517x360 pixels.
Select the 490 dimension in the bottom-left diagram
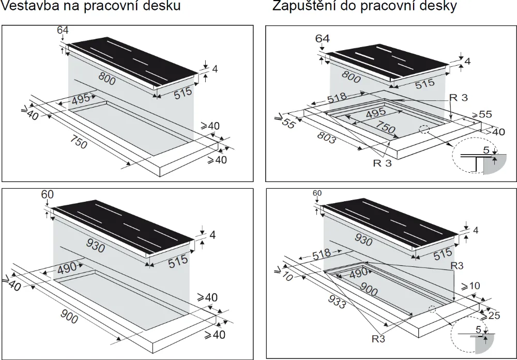click(66, 267)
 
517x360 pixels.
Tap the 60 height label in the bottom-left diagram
click(48, 194)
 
